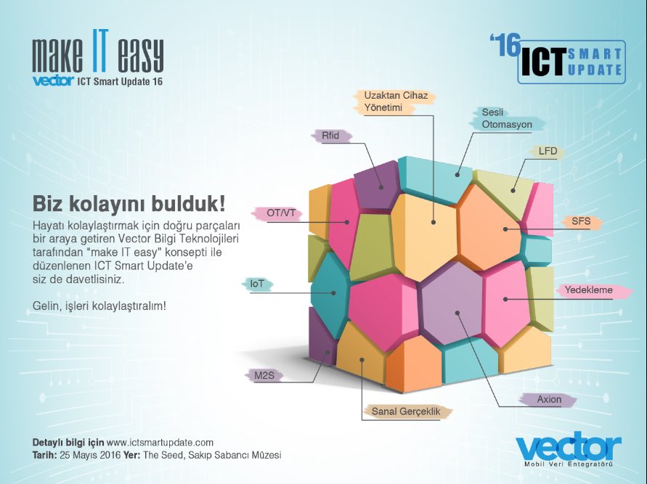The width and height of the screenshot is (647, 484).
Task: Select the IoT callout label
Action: click(257, 284)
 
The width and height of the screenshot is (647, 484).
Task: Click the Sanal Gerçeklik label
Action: click(407, 411)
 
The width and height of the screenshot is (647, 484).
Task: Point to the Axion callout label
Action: click(549, 399)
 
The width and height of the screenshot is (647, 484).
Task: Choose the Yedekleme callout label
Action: click(588, 290)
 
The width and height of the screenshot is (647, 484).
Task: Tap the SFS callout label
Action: click(581, 220)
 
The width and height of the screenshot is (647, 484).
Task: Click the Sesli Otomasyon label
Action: click(507, 118)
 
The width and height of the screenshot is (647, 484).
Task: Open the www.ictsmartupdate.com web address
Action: click(160, 442)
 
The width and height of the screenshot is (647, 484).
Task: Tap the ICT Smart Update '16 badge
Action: click(558, 60)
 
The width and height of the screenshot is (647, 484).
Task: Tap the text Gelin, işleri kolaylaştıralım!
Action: click(99, 305)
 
